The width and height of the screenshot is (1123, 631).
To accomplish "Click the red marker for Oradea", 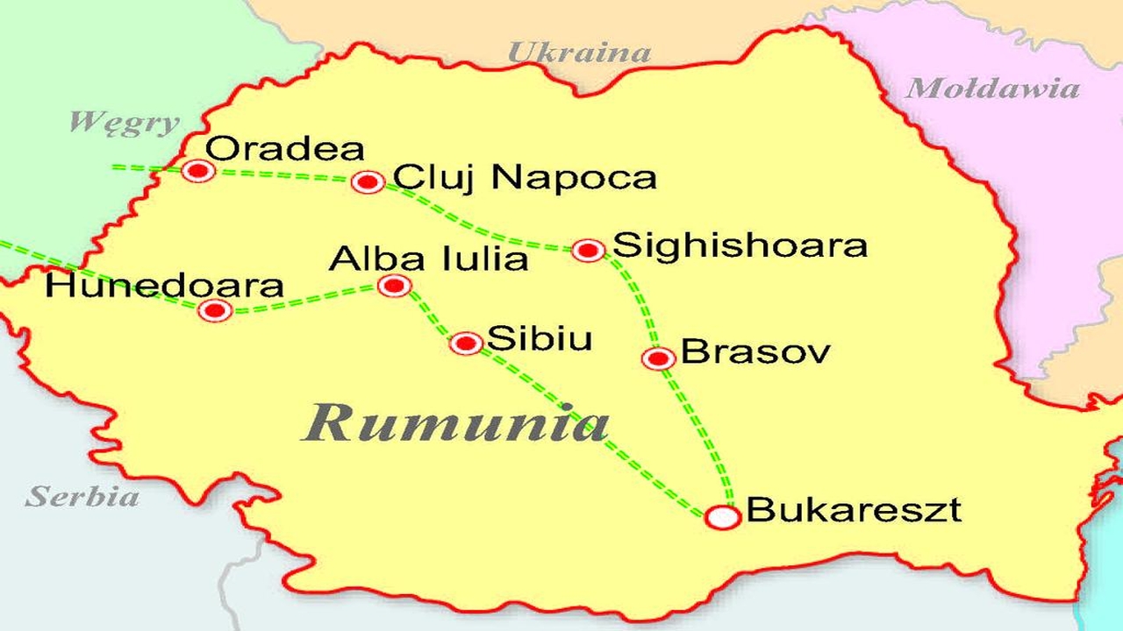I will pos(198,170).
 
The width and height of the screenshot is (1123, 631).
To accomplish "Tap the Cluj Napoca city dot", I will pos(368,181).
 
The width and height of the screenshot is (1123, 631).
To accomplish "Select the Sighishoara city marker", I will pos(588,250).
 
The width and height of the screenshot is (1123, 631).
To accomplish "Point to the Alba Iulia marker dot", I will pos(394,285).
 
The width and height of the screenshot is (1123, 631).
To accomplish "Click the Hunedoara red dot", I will pos(215,309).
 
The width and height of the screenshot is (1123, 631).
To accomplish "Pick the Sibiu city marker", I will pos(466,343).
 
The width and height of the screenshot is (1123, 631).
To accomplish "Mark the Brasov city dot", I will pos(658,358).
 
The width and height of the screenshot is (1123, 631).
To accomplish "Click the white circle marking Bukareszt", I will pos(723,517).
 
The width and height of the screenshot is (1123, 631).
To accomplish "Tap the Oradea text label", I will pos(286,149).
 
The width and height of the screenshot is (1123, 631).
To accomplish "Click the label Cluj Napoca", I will pos(525,178).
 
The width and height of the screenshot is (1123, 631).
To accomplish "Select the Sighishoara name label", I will pos(740,245).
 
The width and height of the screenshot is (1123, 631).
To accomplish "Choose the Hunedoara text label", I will pos(165,286).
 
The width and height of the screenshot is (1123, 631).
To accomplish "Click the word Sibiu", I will pos(540,339).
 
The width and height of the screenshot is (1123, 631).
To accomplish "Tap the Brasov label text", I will pos(755,352).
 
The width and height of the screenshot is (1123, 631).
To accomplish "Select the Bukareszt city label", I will pos(853,510).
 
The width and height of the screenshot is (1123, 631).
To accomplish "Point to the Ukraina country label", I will pos(580,53).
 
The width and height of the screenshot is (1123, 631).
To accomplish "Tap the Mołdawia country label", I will pos(992,89).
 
